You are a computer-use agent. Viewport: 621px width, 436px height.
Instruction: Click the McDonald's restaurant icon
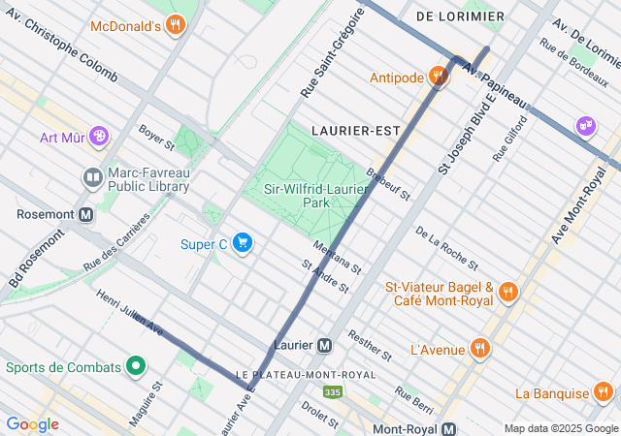pyautogui.click(x=175, y=25)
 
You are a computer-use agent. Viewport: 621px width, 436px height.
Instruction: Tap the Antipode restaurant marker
pyautogui.click(x=438, y=78)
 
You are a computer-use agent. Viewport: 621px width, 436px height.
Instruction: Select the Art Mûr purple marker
pyautogui.click(x=98, y=137)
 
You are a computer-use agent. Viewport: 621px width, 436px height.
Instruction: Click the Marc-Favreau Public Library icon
pyautogui.click(x=92, y=177)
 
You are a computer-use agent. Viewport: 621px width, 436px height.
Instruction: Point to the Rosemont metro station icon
pyautogui.click(x=86, y=214)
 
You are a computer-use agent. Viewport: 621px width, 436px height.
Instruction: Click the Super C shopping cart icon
pyautogui.click(x=243, y=243)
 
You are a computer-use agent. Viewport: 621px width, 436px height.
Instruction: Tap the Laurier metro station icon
pyautogui.click(x=325, y=345)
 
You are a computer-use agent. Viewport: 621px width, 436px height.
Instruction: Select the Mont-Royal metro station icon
pyautogui.click(x=448, y=428)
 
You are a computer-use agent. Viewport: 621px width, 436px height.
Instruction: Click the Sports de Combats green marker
pyautogui.click(x=137, y=367)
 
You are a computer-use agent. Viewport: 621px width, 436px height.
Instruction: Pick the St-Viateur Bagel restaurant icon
pyautogui.click(x=508, y=293)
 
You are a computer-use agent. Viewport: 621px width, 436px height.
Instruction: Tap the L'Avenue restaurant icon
pyautogui.click(x=479, y=348)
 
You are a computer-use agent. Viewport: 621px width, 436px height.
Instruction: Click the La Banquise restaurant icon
pyautogui.click(x=604, y=392)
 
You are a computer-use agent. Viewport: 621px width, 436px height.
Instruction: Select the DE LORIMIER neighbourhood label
pyautogui.click(x=460, y=16)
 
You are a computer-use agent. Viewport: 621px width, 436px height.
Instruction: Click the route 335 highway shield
pyautogui.click(x=333, y=392)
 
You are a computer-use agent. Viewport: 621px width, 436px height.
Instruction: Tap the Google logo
pyautogui.click(x=32, y=424)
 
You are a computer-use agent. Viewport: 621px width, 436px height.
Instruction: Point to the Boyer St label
pyautogui.click(x=155, y=140)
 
